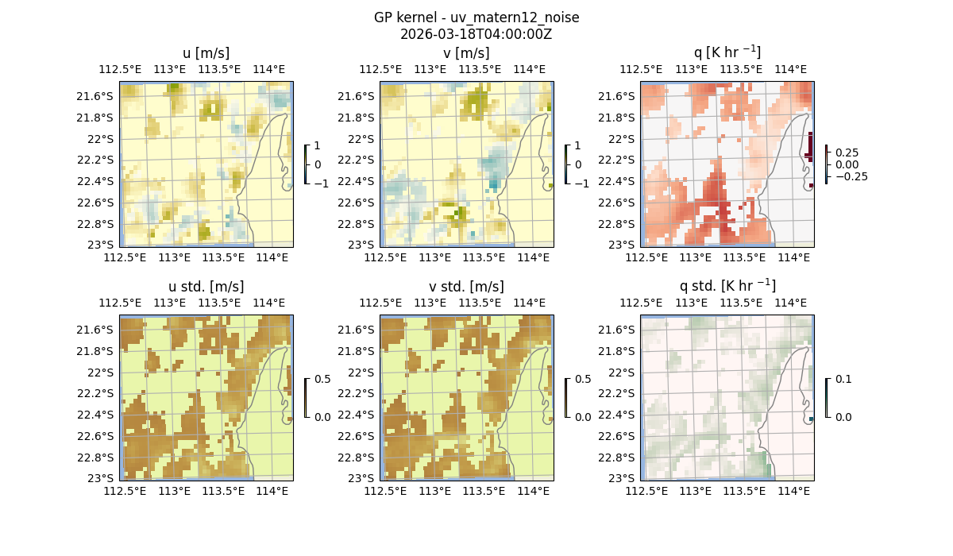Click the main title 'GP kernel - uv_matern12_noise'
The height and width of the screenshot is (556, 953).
pos(476,17)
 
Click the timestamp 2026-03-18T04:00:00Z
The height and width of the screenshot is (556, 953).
pos(476,34)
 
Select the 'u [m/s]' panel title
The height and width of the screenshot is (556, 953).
pos(206,53)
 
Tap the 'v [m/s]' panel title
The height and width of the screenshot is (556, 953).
pos(466,53)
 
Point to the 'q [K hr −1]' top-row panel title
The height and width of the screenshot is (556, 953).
pos(727,52)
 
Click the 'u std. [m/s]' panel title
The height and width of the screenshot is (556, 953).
pos(206,287)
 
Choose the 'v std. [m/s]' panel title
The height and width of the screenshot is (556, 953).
pos(466,287)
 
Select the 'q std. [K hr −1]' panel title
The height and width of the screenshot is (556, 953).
pos(727,286)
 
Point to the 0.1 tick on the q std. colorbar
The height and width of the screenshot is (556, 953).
pos(842,379)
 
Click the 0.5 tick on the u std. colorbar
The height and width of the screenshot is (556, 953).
pos(322,379)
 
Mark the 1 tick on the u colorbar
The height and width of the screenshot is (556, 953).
pos(318,145)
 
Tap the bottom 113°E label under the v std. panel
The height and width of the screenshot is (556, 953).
pos(434,492)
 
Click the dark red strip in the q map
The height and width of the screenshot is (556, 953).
pos(809,146)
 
